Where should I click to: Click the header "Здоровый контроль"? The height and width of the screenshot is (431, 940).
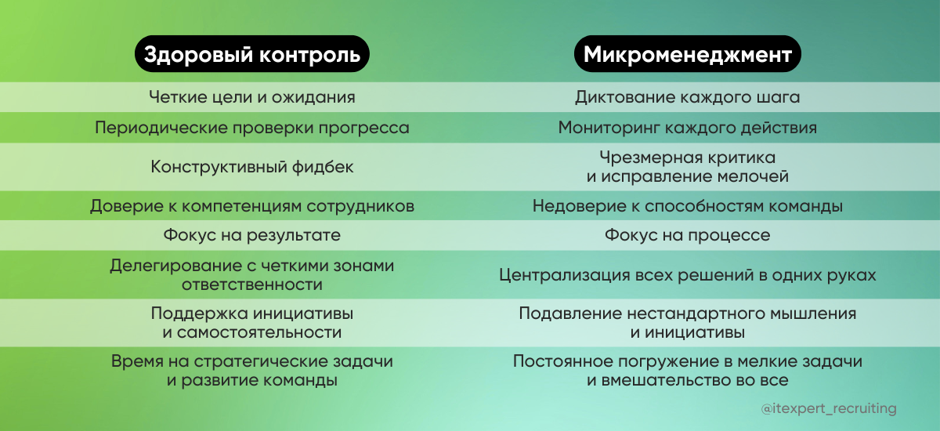[251, 55]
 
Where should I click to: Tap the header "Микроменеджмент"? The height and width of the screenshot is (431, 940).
[687, 55]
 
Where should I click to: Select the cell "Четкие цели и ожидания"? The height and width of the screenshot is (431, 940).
[251, 98]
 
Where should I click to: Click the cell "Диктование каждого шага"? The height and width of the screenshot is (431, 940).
[687, 98]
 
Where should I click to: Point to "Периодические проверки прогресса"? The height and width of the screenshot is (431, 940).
[251, 128]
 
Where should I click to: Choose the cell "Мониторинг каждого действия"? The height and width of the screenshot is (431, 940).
[687, 128]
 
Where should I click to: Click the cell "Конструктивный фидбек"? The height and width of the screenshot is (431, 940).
[251, 167]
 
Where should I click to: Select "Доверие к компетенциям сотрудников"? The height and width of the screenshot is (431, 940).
[251, 206]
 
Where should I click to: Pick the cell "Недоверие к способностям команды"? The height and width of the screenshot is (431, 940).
[687, 206]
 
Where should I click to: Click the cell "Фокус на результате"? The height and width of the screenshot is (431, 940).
[251, 235]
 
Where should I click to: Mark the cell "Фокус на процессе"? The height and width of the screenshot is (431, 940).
[687, 235]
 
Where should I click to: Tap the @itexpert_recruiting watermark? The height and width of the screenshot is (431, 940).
[829, 409]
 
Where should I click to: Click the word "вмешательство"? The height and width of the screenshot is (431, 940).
[657, 381]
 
